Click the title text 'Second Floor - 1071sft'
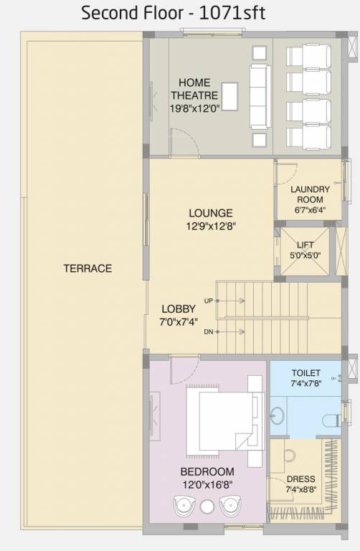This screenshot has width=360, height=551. pyautogui.click(x=173, y=12)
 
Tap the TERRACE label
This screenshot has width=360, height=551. pyautogui.click(x=87, y=268)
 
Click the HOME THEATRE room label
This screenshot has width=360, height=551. pyautogui.click(x=194, y=88)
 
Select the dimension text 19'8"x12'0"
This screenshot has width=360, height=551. pyautogui.click(x=194, y=108)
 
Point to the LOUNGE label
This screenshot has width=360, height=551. pyautogui.click(x=210, y=212)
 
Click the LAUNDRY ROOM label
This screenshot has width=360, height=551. pyautogui.click(x=310, y=194)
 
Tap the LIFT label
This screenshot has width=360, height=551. pyautogui.click(x=305, y=245)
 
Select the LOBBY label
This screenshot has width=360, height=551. pyautogui.click(x=179, y=309)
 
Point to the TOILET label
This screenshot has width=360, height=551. pyautogui.click(x=306, y=374)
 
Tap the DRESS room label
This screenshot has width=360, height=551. pyautogui.click(x=300, y=479)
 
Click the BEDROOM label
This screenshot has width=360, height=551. pyautogui.click(x=207, y=471)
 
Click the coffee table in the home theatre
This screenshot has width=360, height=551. pyautogui.click(x=229, y=94)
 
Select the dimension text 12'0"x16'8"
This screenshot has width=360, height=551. pyautogui.click(x=207, y=484)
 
